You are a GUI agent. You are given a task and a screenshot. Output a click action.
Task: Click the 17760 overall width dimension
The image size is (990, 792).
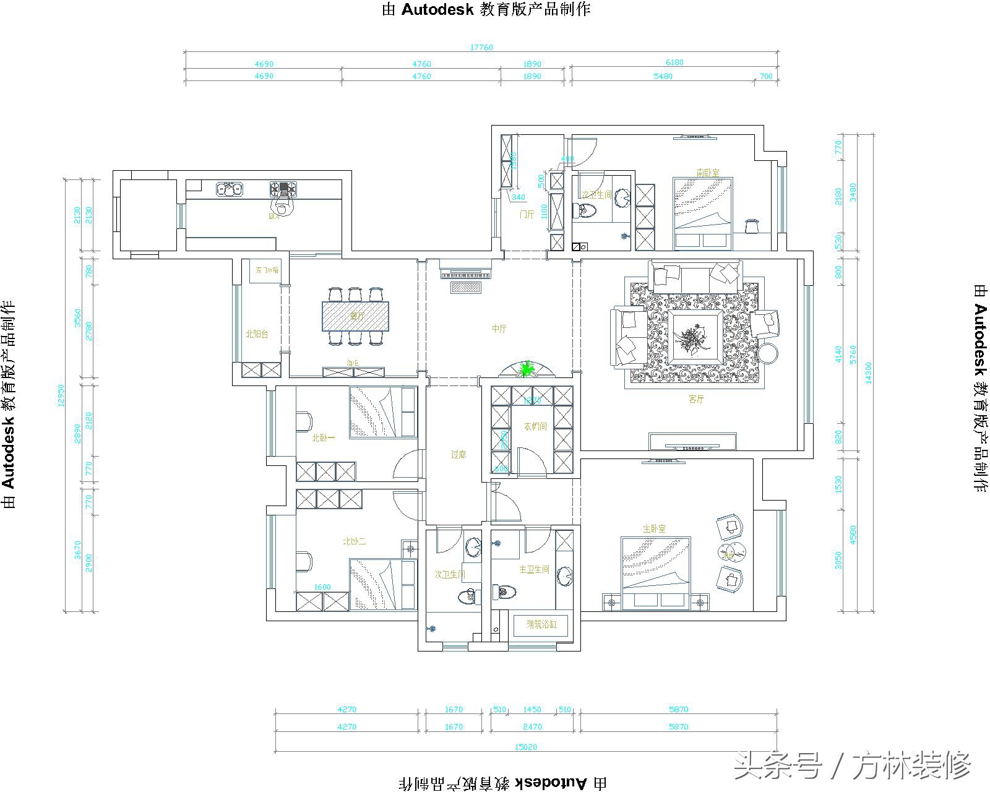[481, 48]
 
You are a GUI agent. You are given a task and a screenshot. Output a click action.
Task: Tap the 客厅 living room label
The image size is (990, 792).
[696, 400]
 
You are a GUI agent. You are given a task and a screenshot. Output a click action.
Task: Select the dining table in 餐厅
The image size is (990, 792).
[356, 316]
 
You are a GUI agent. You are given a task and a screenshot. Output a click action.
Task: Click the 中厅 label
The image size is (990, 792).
[499, 329]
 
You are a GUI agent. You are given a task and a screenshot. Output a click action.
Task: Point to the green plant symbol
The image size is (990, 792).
[527, 369]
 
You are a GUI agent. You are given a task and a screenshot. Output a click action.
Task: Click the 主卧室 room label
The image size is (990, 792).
[654, 529]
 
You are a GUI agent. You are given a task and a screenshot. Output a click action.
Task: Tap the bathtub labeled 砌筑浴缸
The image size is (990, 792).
[541, 625]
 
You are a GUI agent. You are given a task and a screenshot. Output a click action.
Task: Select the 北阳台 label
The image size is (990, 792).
[256, 334]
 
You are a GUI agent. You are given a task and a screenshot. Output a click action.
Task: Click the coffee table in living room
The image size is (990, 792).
[693, 337]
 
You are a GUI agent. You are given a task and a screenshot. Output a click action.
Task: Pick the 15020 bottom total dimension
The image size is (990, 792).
[525, 747]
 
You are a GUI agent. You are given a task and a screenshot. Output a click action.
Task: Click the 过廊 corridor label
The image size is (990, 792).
[458, 455]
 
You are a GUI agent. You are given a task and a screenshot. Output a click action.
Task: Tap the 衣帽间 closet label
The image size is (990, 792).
[535, 426]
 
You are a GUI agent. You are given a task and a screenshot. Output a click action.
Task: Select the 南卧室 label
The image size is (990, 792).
[707, 173]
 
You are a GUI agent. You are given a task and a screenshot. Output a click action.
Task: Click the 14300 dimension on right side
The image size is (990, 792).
[868, 373]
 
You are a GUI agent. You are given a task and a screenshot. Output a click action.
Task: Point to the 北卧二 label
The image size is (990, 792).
[355, 541]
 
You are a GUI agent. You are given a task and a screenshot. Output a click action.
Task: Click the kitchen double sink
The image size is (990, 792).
[230, 188]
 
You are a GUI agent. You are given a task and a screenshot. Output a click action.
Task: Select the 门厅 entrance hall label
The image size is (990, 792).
[527, 215]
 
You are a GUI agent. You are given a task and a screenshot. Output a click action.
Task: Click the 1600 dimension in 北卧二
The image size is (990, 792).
[322, 587]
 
